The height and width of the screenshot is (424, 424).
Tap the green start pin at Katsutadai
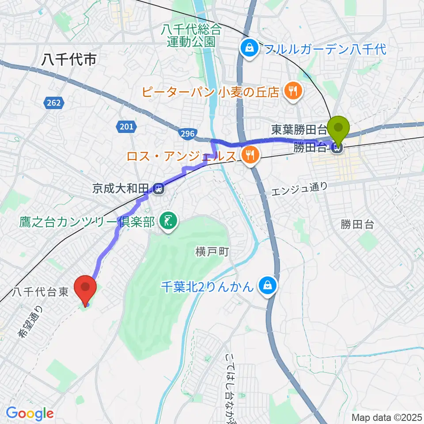[339, 128]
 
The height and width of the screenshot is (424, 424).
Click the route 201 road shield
[126, 127]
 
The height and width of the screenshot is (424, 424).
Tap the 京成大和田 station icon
[159, 189]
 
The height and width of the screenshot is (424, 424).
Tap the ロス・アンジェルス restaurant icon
[250, 155]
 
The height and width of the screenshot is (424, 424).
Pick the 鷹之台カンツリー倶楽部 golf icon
[168, 221]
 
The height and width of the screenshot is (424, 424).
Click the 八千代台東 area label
[40, 292]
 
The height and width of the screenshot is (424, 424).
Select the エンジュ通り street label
[300, 189]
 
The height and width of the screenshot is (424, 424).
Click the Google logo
[30, 414]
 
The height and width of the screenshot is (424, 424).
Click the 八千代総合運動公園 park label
[191, 36]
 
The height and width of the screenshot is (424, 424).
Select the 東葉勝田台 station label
[299, 130]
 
